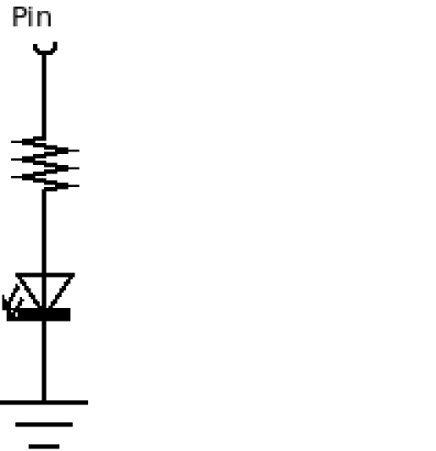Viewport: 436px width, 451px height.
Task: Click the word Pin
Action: (x=31, y=17)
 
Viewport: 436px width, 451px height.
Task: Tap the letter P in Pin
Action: (x=19, y=17)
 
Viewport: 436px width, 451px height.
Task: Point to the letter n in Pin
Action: (x=44, y=19)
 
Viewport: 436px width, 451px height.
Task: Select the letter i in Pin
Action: (x=31, y=17)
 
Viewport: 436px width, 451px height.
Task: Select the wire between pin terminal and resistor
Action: (x=44, y=96)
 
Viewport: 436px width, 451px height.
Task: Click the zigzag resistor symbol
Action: (x=45, y=163)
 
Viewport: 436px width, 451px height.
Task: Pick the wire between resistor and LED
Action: (x=44, y=232)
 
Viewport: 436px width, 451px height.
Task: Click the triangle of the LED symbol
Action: (x=45, y=290)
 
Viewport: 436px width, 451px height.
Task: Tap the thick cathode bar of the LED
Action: (x=39, y=315)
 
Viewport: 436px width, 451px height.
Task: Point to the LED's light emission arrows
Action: (x=11, y=300)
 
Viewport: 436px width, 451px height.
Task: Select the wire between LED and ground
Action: (x=44, y=360)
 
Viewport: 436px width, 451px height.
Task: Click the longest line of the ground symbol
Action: (x=44, y=403)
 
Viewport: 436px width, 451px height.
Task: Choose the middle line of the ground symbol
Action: (x=44, y=425)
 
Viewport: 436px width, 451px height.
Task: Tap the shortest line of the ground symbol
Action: (x=44, y=447)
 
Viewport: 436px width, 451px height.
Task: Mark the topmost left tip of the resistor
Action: (x=12, y=141)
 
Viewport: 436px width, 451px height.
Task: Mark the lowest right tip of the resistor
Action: (x=79, y=186)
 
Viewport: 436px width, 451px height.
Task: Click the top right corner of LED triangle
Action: (x=75, y=274)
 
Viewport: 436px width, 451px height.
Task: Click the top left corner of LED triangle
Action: (x=16, y=274)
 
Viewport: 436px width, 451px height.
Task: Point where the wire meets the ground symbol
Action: (x=44, y=402)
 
